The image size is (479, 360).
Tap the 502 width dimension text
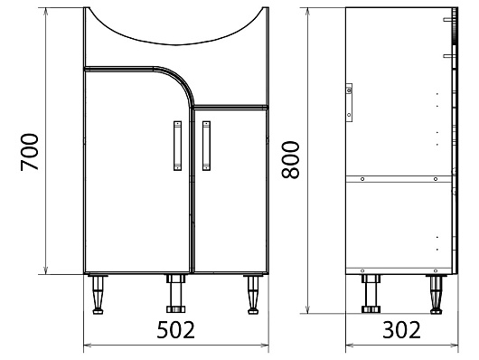point(176,329)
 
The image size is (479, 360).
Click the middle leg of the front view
point(173,293)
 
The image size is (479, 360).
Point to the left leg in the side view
point(369,293)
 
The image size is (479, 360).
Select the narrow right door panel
point(231,190)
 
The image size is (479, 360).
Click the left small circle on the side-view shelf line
point(362,179)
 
